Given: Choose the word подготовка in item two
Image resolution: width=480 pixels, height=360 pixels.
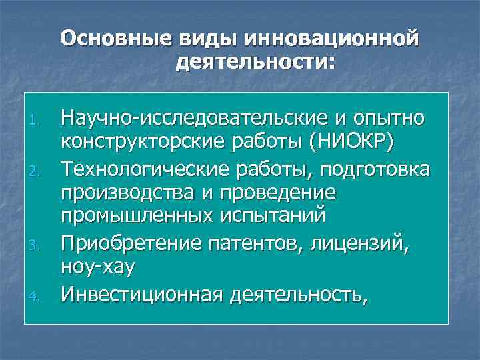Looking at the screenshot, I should click(375, 169).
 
